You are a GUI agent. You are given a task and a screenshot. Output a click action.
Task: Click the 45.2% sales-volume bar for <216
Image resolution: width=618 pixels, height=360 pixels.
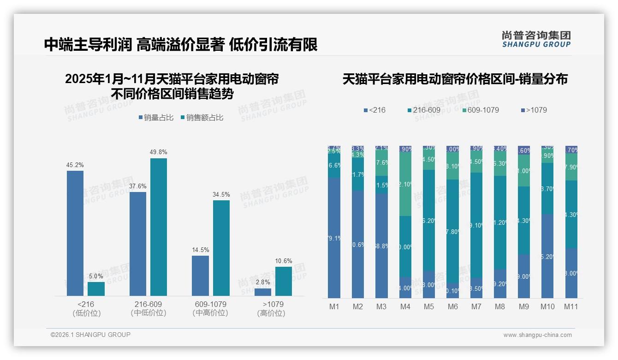(x=75, y=233)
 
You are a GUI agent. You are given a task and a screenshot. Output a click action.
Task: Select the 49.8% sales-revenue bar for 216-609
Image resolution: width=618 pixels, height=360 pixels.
(x=159, y=227)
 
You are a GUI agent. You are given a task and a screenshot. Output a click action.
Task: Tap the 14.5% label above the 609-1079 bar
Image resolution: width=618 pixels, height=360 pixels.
(x=200, y=250)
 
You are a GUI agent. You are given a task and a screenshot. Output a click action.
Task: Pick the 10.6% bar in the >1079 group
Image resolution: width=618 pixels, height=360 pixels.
(x=284, y=281)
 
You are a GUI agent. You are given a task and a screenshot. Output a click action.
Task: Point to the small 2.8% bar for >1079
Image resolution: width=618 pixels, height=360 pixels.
(x=263, y=292)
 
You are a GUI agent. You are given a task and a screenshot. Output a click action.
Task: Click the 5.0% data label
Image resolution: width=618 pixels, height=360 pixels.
(x=96, y=276)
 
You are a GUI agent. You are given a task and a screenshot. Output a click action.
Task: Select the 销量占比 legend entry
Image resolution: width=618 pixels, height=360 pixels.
(x=156, y=117)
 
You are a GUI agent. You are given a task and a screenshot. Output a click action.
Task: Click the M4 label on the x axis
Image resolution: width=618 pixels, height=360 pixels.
(x=405, y=306)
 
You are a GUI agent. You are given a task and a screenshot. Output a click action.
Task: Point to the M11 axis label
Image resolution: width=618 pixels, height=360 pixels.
(x=571, y=306)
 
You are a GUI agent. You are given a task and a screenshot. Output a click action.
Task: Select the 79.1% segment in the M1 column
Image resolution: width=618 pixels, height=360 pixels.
(x=334, y=238)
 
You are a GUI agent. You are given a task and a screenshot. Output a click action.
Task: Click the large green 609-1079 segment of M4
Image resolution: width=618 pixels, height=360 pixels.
(x=405, y=184)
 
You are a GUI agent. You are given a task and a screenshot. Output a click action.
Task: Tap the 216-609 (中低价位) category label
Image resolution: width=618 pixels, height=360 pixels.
(x=149, y=308)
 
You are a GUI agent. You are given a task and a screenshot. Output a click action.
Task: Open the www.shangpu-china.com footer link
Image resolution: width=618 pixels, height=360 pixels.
(x=537, y=335)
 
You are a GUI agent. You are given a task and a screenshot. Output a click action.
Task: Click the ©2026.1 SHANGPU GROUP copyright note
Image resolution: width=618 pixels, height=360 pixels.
(x=90, y=335)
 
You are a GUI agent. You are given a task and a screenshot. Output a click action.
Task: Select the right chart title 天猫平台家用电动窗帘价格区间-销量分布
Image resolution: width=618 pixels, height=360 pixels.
(x=455, y=79)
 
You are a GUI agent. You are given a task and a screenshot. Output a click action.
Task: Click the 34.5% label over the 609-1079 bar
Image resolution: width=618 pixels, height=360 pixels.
(x=221, y=194)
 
